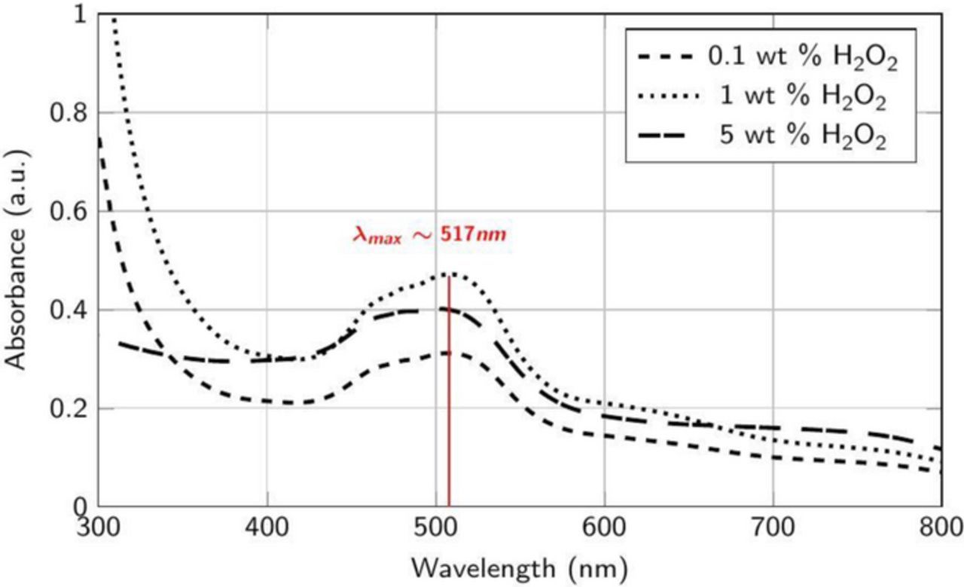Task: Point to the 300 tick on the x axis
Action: [99, 527]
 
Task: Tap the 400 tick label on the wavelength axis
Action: [267, 527]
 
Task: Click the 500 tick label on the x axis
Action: [436, 527]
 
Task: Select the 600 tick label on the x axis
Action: [605, 527]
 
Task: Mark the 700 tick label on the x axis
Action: [773, 527]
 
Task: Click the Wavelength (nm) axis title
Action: [520, 563]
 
